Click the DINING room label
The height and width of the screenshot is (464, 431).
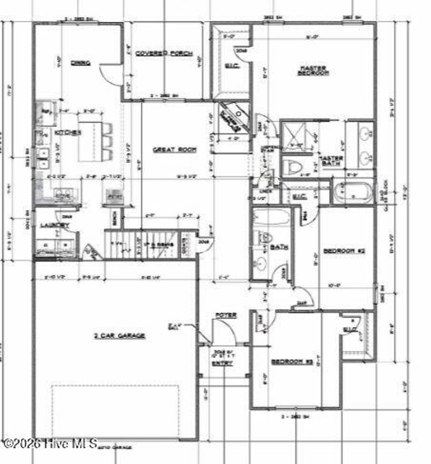tap(80, 63)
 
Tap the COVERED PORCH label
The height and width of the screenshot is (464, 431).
tap(164, 53)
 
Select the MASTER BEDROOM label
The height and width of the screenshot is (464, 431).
tap(312, 70)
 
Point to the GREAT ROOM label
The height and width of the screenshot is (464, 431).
tap(174, 149)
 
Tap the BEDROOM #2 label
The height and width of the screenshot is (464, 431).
tap(343, 251)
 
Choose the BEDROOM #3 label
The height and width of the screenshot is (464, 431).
tap(292, 362)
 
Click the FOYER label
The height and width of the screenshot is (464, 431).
tap(226, 315)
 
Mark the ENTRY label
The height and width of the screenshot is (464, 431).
tap(222, 363)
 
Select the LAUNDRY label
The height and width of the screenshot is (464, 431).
tap(54, 225)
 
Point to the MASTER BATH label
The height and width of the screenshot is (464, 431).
tap(331, 161)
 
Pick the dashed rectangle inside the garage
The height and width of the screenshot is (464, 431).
tap(115, 410)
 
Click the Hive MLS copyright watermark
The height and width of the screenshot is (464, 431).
tap(50, 443)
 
